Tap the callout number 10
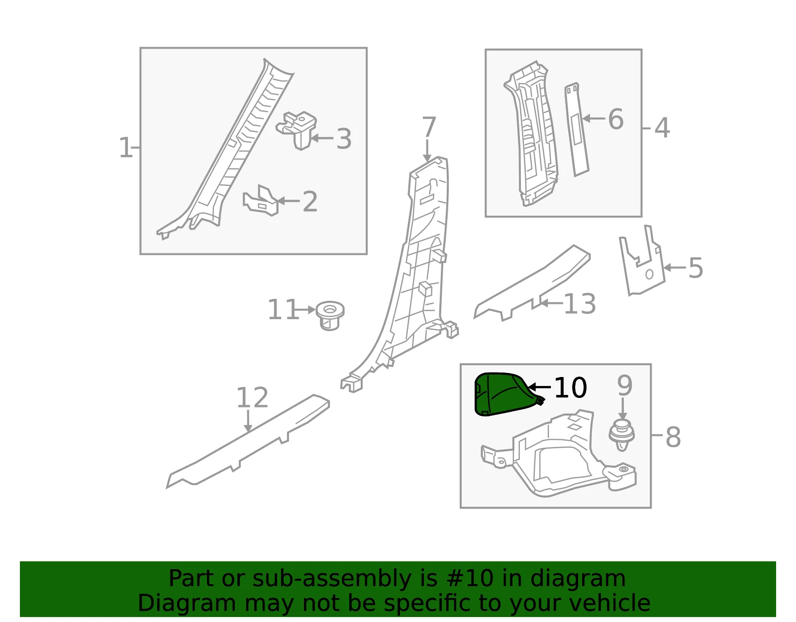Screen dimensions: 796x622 (571, 388)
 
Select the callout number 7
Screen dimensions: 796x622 (429, 127)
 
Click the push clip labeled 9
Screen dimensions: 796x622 (621, 436)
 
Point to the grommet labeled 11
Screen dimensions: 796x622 (330, 316)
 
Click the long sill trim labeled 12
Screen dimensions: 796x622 (248, 442)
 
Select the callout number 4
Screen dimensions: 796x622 (662, 128)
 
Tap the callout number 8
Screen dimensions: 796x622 (673, 437)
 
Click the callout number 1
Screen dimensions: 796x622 (125, 148)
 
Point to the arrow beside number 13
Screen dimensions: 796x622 (551, 303)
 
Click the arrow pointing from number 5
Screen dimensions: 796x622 (675, 267)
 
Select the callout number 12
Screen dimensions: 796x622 (252, 398)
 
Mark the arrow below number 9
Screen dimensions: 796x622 (623, 409)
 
